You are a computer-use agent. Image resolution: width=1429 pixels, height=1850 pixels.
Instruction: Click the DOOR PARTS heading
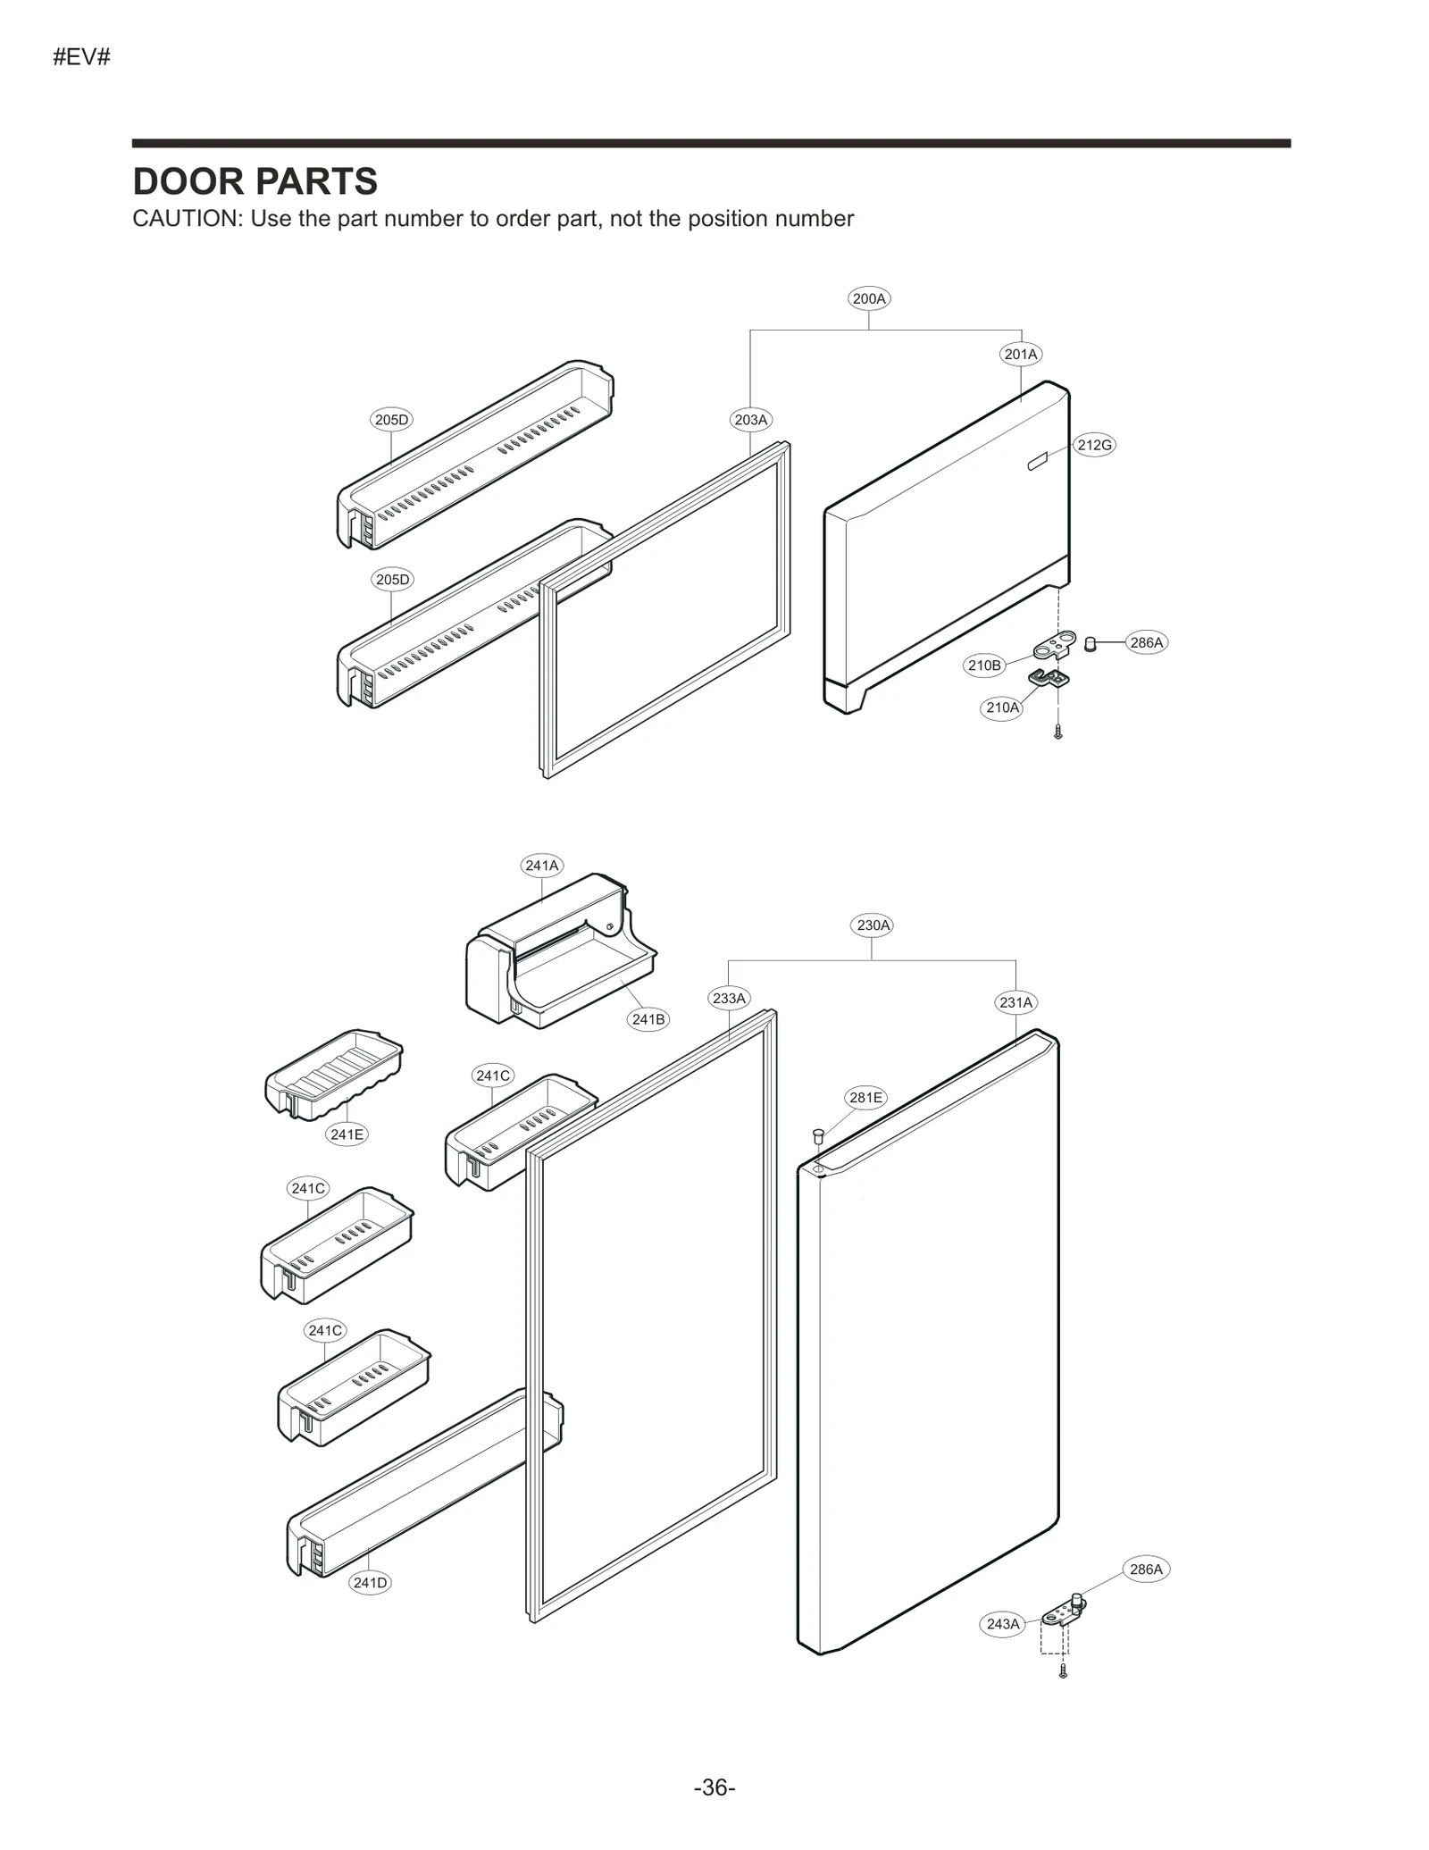pyautogui.click(x=255, y=181)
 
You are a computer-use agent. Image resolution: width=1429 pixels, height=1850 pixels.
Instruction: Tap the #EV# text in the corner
pyautogui.click(x=81, y=58)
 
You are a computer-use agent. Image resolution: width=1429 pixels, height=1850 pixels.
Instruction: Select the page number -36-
pyautogui.click(x=714, y=1787)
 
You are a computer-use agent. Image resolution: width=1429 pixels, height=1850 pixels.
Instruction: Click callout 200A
pyautogui.click(x=869, y=298)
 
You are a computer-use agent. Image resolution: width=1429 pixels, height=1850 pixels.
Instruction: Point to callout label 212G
pyautogui.click(x=1094, y=445)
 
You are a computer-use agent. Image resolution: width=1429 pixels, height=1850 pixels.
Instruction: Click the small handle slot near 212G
pyautogui.click(x=1036, y=461)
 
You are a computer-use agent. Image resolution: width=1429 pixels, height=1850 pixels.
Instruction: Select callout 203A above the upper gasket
pyautogui.click(x=750, y=420)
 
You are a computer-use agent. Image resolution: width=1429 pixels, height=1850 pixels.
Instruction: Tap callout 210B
pyautogui.click(x=984, y=665)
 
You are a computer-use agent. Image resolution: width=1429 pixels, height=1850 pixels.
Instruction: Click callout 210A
pyautogui.click(x=1001, y=707)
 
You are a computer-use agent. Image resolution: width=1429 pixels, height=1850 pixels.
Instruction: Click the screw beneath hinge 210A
pyautogui.click(x=1058, y=732)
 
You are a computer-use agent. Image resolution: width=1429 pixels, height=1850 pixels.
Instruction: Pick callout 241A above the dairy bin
pyautogui.click(x=541, y=865)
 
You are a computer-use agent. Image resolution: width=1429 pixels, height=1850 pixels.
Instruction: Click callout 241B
pyautogui.click(x=648, y=1019)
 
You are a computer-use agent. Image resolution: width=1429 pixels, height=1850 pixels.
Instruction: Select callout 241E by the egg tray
pyautogui.click(x=347, y=1134)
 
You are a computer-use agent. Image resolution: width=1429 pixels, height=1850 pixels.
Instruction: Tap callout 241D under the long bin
pyautogui.click(x=370, y=1583)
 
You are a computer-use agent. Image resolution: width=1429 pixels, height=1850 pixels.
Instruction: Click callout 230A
pyautogui.click(x=873, y=925)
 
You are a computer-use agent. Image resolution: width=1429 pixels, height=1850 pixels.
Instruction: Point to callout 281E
pyautogui.click(x=865, y=1097)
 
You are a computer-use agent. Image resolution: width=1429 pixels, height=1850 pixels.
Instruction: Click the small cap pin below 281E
pyautogui.click(x=816, y=1135)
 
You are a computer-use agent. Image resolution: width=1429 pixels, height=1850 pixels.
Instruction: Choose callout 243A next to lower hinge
pyautogui.click(x=1002, y=1624)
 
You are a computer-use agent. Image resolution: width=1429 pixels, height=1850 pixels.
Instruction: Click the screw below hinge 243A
pyautogui.click(x=1063, y=1670)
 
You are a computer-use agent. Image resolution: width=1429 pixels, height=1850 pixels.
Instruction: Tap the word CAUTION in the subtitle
pyautogui.click(x=186, y=219)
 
